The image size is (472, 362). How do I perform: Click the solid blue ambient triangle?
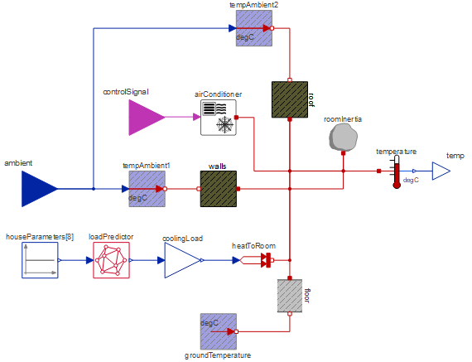(39, 189)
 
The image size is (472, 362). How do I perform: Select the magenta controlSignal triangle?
(147, 118)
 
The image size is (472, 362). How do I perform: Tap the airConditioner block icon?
(219, 118)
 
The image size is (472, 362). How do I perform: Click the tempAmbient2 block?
(254, 28)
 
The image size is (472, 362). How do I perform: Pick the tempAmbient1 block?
(147, 189)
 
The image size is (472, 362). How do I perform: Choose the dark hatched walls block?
(219, 189)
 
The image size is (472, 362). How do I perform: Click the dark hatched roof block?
(290, 99)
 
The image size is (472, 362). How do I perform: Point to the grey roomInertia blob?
(343, 137)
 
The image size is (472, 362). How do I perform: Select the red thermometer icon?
(397, 171)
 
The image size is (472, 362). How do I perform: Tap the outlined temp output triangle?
(441, 171)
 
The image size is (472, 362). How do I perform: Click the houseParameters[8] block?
(40, 260)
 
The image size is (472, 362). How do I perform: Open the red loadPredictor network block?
(112, 260)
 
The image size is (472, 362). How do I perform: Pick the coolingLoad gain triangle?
(182, 260)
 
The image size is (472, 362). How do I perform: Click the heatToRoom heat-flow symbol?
(258, 260)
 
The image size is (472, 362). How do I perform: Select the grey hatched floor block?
(290, 296)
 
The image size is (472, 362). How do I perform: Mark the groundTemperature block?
(219, 331)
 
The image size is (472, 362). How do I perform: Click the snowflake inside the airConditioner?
(225, 124)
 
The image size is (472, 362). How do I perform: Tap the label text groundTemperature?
(218, 355)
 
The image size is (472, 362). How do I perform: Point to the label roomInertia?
(343, 119)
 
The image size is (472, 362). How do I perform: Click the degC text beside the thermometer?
(411, 180)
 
